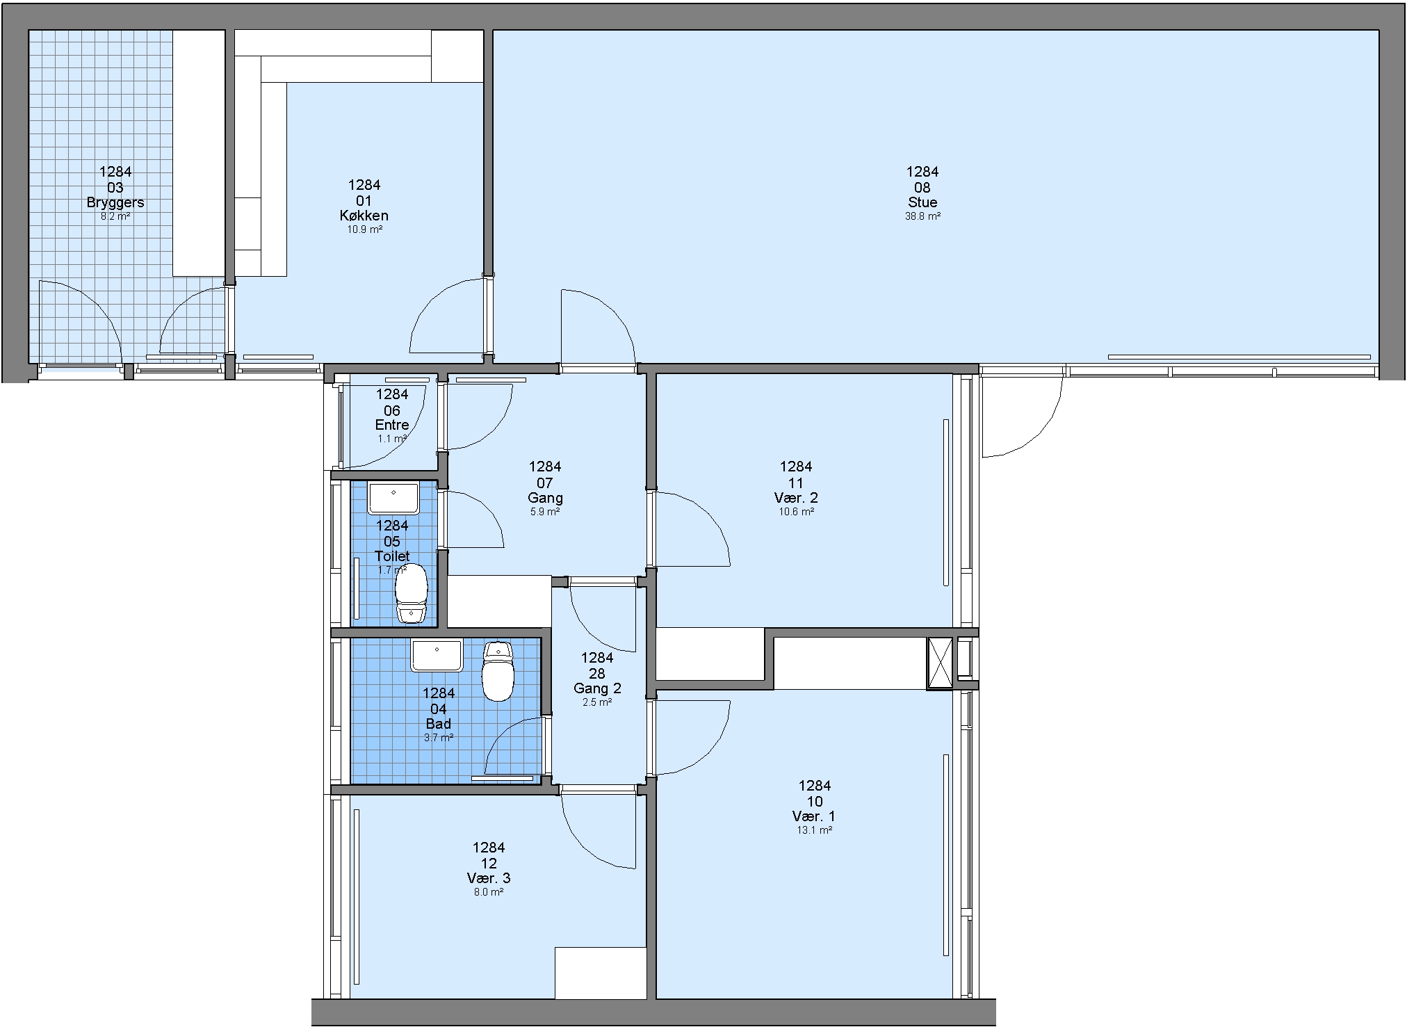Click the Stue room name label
922,202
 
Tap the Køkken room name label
364,216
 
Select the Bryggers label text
115,202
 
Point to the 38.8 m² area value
922,216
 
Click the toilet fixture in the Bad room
498,671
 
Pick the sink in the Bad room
437,656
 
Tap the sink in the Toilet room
393,499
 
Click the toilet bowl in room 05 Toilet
411,592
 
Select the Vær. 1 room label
814,816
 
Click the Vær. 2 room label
796,498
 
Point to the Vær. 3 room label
489,878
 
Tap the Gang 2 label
597,688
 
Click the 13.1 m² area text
814,830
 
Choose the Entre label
392,425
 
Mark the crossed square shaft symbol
940,663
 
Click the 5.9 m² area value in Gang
545,512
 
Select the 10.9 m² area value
364,229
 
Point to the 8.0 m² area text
489,892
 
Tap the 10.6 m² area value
796,512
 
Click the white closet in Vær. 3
601,973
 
